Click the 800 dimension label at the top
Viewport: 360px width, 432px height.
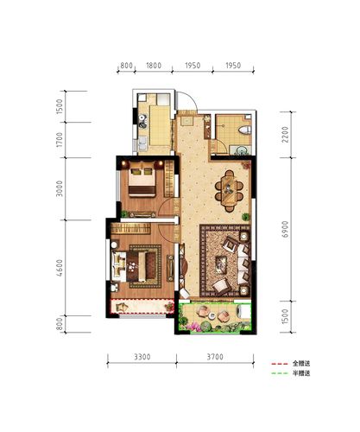126,66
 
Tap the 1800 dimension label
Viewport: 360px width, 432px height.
154,66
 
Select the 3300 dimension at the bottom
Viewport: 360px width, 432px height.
142,357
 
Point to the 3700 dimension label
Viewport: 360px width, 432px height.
215,357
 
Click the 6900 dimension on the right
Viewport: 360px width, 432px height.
285,229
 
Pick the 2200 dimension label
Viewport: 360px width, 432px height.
285,134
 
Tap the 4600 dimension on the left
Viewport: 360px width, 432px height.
60,268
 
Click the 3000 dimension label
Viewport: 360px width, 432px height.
60,188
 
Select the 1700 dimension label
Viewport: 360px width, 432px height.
60,140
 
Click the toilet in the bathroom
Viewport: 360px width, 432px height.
245,130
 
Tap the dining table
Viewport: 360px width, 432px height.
230,191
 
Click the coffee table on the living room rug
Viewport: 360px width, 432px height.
221,264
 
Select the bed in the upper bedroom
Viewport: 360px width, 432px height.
142,179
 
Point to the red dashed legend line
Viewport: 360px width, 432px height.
280,364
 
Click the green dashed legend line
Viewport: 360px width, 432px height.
280,373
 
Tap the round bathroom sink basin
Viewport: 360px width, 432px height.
240,150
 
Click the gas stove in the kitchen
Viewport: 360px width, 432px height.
142,121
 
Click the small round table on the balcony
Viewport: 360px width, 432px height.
212,315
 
